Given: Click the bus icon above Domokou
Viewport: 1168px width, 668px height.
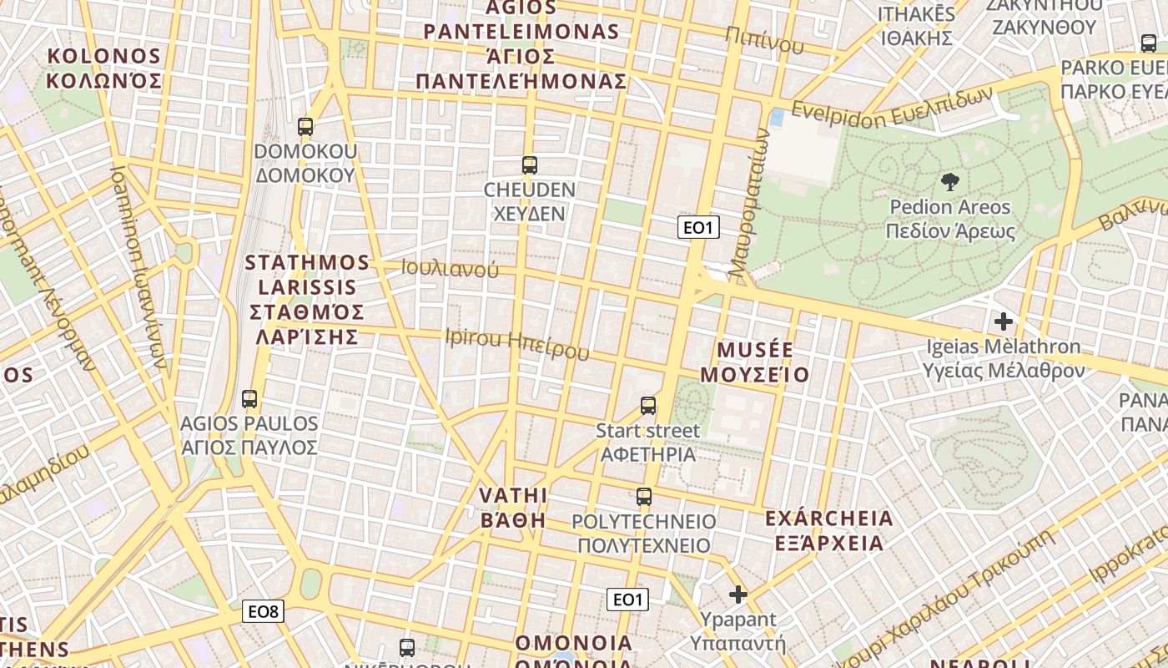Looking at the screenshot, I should [305, 127].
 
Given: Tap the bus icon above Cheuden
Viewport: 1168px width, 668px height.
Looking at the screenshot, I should [529, 164].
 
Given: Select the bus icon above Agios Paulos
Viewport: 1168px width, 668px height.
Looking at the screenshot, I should [249, 398].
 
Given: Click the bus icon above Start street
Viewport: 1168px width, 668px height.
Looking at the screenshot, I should [648, 406].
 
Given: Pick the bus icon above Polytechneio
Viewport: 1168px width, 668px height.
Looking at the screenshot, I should [643, 497].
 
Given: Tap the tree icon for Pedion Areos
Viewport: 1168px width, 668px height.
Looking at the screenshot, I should [949, 181].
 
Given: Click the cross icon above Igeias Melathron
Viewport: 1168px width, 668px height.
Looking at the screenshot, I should [1004, 321].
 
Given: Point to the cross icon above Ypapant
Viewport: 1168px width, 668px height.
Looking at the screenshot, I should [738, 595].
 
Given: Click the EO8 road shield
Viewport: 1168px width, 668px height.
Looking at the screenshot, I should [264, 611].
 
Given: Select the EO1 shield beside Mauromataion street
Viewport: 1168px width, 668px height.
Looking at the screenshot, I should [698, 228].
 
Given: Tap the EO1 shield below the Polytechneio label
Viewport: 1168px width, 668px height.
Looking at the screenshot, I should [627, 599].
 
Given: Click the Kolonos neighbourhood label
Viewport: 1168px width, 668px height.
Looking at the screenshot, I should [104, 68].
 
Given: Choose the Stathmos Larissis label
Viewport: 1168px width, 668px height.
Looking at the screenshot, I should [308, 300].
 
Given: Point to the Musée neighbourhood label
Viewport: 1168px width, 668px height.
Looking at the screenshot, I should [755, 362].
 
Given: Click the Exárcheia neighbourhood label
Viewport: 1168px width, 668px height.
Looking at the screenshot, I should [828, 530].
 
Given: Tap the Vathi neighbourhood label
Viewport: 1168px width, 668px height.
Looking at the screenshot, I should [513, 507].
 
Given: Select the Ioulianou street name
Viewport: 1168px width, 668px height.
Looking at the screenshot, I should [450, 269].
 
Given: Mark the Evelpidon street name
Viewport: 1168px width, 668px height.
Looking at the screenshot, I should [892, 104].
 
